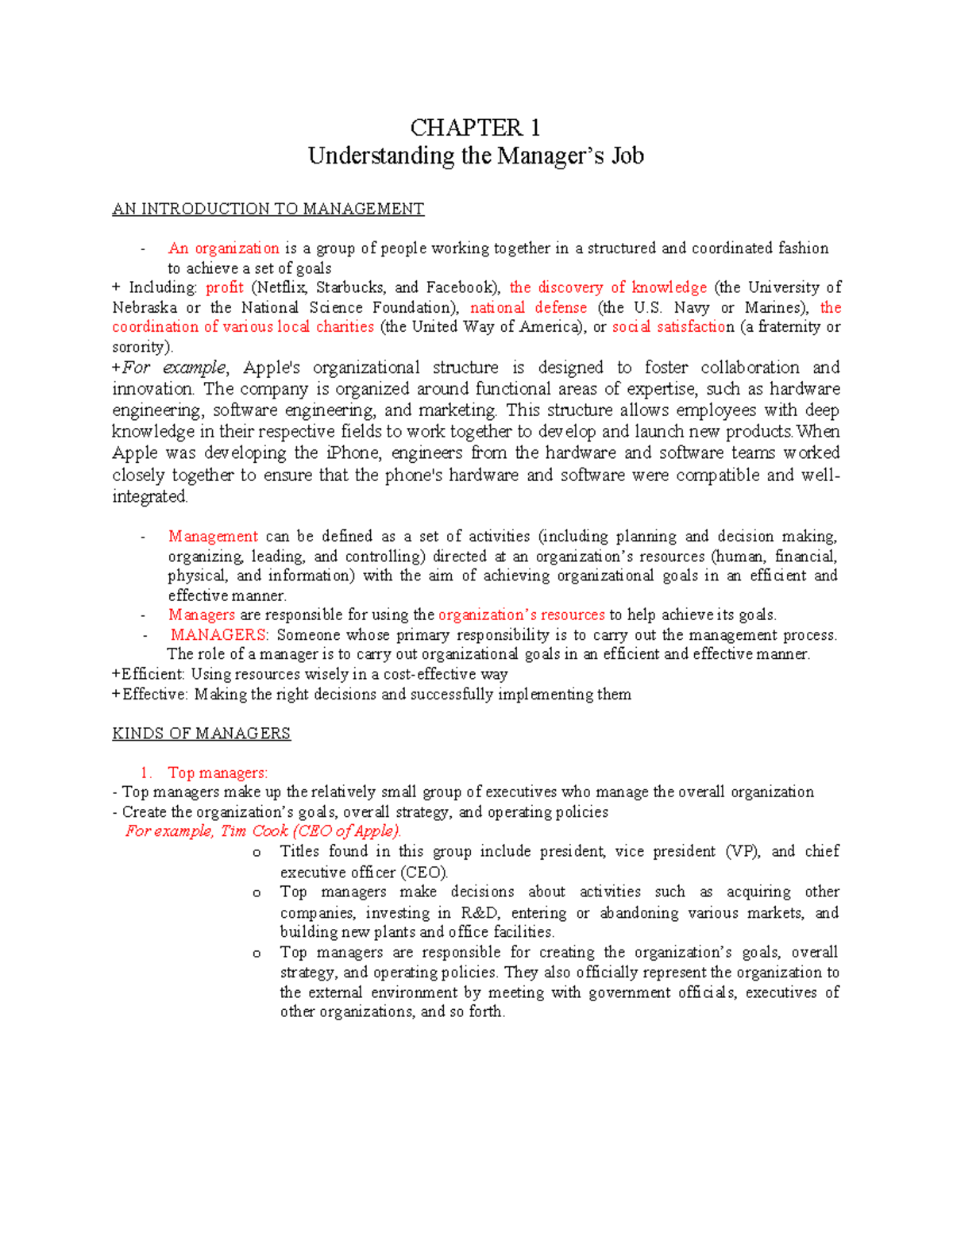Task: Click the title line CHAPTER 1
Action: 475,128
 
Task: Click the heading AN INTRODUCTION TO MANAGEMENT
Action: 268,209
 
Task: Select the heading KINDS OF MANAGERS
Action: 201,734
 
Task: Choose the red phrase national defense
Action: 528,307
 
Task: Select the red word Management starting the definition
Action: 213,537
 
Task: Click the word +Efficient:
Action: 149,674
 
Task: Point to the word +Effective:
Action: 150,694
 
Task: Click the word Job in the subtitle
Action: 627,156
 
